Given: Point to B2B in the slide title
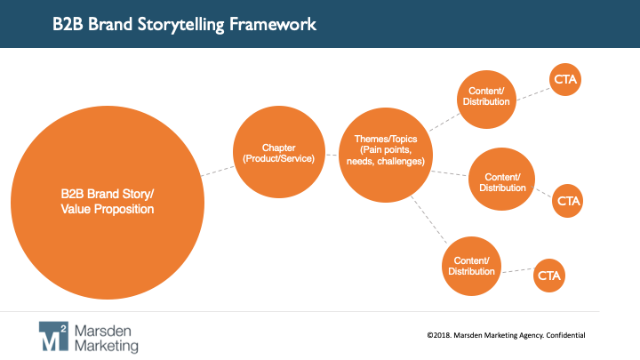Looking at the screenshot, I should pyautogui.click(x=68, y=23).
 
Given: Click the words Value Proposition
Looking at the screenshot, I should pyautogui.click(x=107, y=210).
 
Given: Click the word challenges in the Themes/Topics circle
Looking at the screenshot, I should pyautogui.click(x=404, y=161).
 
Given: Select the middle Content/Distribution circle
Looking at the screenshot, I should pyautogui.click(x=502, y=180).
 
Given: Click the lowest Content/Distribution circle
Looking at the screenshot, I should pyautogui.click(x=473, y=265).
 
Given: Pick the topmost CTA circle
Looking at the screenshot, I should pyautogui.click(x=565, y=79).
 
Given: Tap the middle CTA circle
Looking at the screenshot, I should pyautogui.click(x=568, y=202).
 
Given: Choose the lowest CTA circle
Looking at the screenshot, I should pyautogui.click(x=548, y=276).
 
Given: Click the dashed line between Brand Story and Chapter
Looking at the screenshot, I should pyautogui.click(x=216, y=170).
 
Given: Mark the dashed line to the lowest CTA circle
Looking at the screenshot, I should pyautogui.click(x=518, y=270).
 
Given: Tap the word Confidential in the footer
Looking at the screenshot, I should pyautogui.click(x=561, y=335).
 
